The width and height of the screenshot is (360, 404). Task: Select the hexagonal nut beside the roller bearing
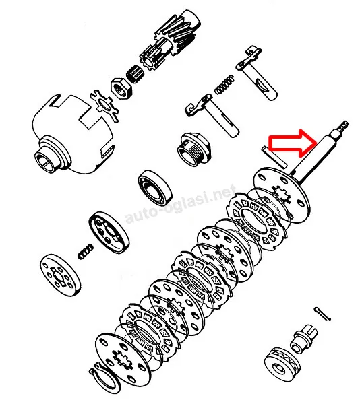(121, 88)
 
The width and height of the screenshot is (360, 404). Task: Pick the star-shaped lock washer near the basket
(104, 105)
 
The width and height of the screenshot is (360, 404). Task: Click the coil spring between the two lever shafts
(225, 84)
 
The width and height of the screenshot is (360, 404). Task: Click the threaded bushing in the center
(194, 149)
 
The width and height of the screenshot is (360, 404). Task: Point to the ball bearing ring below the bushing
(155, 188)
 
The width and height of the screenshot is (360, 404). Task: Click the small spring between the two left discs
(86, 251)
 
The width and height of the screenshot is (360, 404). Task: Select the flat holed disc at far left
(60, 275)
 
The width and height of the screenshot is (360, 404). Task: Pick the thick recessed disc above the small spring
(109, 232)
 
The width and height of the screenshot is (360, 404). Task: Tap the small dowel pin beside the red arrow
(274, 157)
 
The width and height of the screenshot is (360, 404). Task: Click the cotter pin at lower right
(322, 314)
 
